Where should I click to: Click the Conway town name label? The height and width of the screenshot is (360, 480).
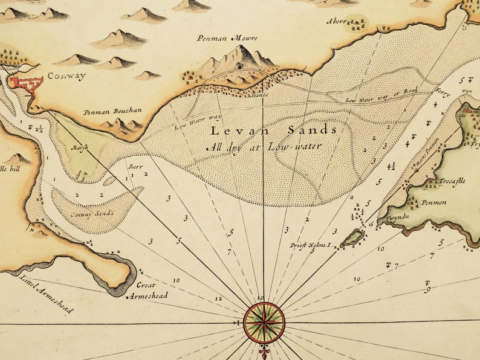(66, 76)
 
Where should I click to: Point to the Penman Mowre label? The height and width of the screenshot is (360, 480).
(227, 38)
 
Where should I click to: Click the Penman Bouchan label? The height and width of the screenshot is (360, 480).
(112, 111)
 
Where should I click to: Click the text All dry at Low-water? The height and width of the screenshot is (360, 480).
(264, 146)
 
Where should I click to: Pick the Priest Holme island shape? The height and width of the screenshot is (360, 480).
(352, 239)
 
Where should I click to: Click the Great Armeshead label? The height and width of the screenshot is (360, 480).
(144, 289)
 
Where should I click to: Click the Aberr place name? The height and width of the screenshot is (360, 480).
(337, 21)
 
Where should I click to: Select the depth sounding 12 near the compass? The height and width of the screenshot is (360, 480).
(218, 298)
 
